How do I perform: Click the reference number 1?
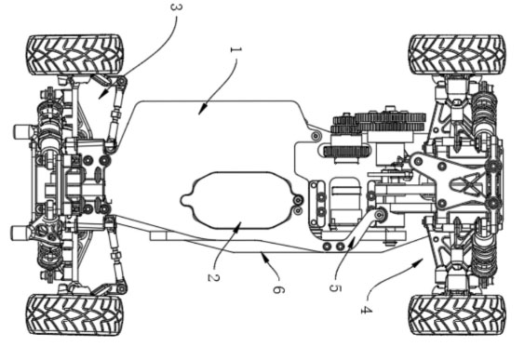pos(236,50)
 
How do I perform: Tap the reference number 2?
pos(213,277)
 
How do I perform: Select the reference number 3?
pos(177,7)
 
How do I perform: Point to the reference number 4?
pos(367,310)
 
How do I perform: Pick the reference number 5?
pos(335,287)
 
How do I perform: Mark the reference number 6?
pos(278,289)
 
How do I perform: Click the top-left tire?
pos(75,55)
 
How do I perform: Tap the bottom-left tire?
pos(74,314)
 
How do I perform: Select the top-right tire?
pos(457,55)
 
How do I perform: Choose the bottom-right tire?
pos(457,314)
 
